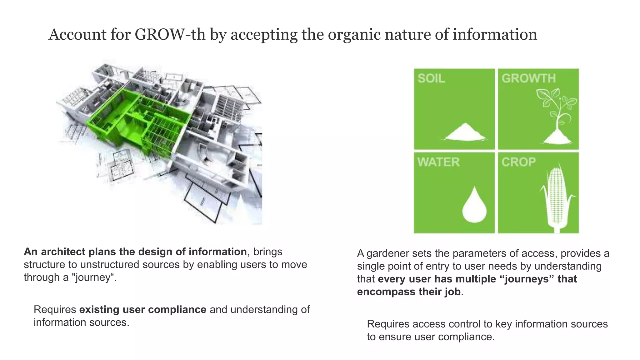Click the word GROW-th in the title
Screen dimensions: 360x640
coord(170,34)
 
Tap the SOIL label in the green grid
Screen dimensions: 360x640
coord(431,78)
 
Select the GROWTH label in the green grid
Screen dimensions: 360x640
coord(528,78)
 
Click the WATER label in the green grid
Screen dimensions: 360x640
coord(438,162)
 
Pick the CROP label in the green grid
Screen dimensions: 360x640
coord(518,162)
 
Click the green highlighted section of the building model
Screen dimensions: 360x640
coord(137,122)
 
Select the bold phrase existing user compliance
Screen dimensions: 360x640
coord(142,310)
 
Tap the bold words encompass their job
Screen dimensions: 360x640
coord(409,292)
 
